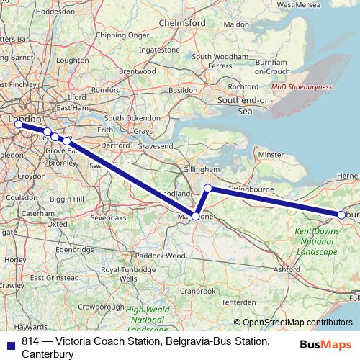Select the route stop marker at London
(19, 124)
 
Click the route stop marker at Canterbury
(341, 214)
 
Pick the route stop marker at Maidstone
(195, 215)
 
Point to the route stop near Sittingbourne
(207, 189)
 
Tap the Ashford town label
(287, 269)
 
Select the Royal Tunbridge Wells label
(119, 274)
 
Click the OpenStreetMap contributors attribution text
(297, 323)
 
